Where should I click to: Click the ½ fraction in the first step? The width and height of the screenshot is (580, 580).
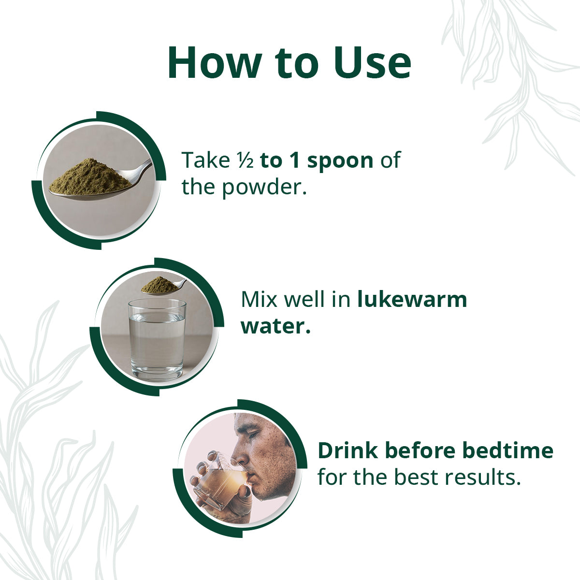pos(245,160)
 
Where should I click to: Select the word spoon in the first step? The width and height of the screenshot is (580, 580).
pos(340,161)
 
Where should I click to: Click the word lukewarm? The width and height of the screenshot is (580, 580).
pos(412,300)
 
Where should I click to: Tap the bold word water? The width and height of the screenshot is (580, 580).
pos(275,327)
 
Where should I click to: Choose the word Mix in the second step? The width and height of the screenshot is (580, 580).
pos(259,300)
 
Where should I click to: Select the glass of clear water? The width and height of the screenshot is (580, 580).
pos(157,340)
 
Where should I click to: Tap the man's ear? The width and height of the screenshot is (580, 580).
pos(288,446)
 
